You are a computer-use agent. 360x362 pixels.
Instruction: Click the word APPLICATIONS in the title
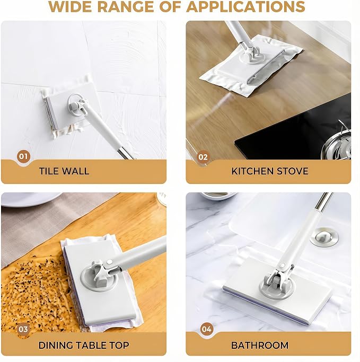(x=245, y=6)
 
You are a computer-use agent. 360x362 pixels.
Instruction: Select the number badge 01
(x=23, y=156)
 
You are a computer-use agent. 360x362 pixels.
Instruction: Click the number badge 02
(x=203, y=157)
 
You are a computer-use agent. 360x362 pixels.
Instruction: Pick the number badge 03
(x=23, y=329)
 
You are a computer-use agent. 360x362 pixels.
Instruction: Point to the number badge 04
(x=206, y=329)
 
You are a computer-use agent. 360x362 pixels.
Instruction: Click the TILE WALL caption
(x=64, y=171)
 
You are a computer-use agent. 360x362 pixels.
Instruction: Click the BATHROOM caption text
(x=260, y=346)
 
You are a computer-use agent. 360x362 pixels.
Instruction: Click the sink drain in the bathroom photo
(x=324, y=237)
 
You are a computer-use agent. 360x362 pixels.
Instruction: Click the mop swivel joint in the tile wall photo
(x=78, y=105)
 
